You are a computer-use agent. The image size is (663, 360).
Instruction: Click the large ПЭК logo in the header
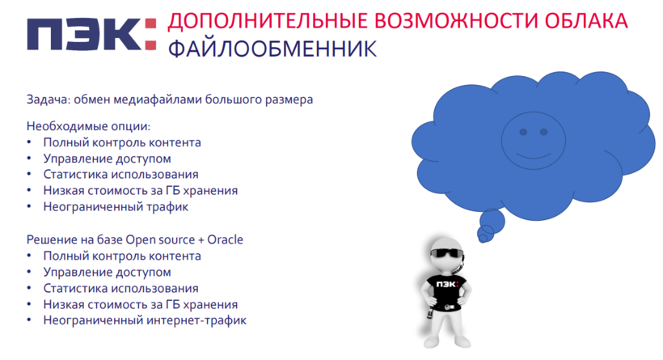click(91, 34)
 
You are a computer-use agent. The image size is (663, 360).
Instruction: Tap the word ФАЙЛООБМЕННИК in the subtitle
click(272, 49)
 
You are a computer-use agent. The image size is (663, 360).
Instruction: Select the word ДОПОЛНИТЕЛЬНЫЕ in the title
click(268, 22)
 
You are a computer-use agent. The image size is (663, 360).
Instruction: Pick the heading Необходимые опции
click(88, 126)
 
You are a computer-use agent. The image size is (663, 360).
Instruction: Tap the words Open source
click(160, 240)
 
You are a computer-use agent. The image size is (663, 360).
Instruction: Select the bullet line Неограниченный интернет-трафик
click(145, 320)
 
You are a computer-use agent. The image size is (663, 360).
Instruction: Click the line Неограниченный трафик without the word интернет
click(116, 207)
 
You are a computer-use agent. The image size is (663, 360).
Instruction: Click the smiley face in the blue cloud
click(533, 141)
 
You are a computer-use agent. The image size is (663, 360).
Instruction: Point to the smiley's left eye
click(523, 132)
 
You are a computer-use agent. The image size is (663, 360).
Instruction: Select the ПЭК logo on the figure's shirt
click(447, 284)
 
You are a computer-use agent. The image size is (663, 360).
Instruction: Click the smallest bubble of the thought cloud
click(483, 239)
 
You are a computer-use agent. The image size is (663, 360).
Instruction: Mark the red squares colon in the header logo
click(151, 34)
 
